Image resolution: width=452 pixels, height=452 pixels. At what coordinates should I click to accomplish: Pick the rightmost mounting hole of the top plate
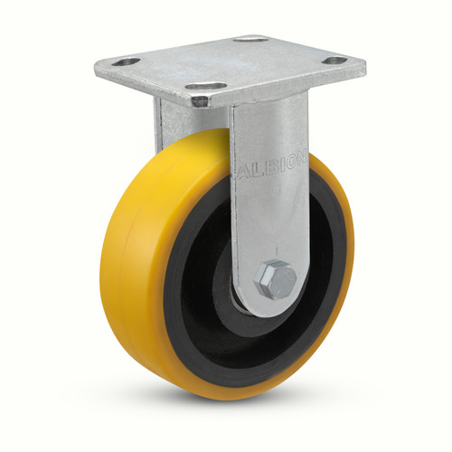coord(334,61)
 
